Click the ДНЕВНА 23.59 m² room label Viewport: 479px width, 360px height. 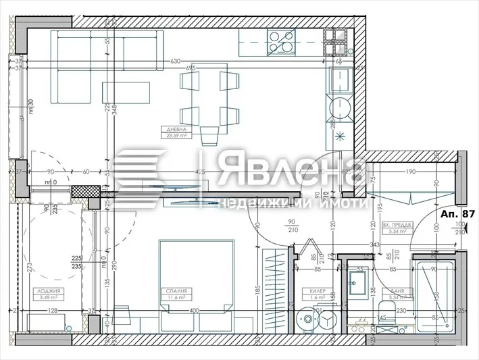[173, 132]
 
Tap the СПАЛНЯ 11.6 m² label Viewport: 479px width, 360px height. [173, 294]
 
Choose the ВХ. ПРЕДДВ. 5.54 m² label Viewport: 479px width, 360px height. [394, 228]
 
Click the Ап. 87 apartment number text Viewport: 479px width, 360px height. [459, 213]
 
